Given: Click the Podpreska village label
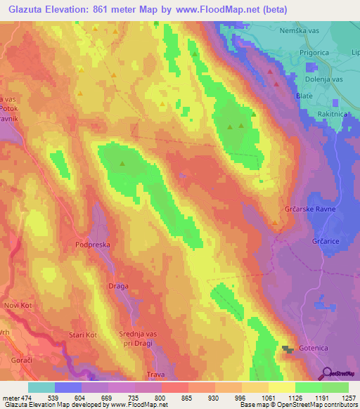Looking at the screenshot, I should pos(95,244).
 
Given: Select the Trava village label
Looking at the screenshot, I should pos(155,375).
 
